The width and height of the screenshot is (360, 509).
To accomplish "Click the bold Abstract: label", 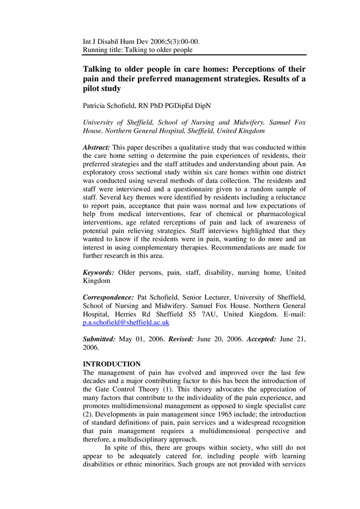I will pos(96,147).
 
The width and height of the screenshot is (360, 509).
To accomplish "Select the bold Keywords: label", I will pos(98,272).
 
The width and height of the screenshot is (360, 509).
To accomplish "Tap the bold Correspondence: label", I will pos(108,297).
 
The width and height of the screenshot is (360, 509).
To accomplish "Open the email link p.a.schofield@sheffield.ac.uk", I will pos(126,323).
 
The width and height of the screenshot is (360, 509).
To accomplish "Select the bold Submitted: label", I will pos(99,338).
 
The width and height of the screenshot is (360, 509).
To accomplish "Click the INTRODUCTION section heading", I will pos(112,364).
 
